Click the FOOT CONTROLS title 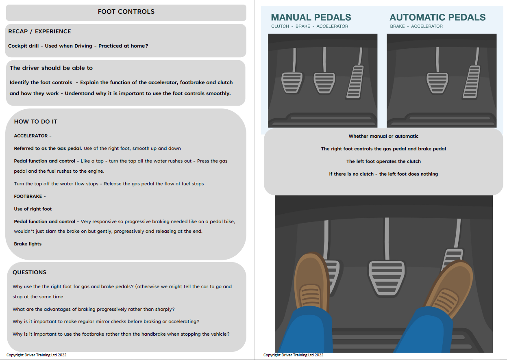point(126,12)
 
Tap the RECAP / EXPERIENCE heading point(39,31)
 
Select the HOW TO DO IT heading point(35,121)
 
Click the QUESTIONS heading point(29,272)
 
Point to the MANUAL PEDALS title point(311,17)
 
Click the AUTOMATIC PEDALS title point(437,17)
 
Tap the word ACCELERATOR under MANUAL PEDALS point(332,26)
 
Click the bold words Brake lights point(28,244)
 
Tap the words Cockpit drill point(23,46)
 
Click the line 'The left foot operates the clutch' point(383,161)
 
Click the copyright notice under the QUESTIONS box point(37,355)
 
